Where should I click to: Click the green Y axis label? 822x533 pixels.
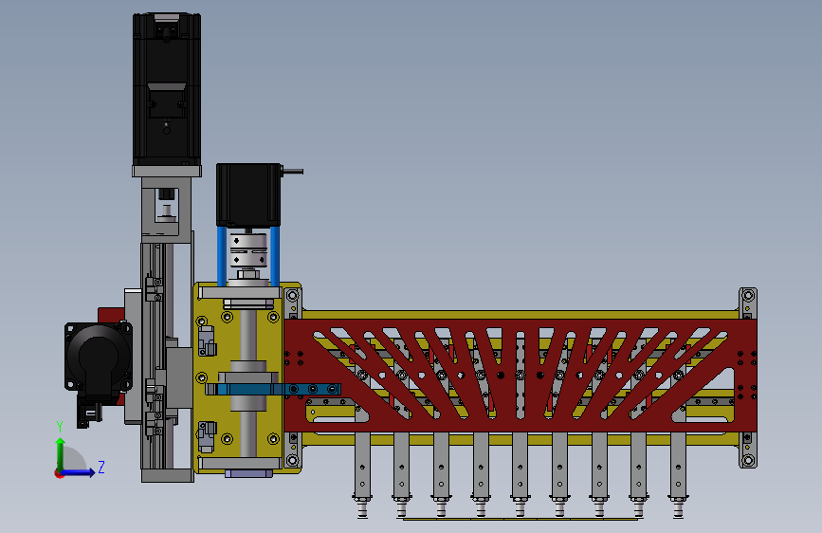(60, 427)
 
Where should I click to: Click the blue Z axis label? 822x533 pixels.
(101, 467)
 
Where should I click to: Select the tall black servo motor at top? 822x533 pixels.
(167, 89)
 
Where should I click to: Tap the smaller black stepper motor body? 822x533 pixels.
(248, 194)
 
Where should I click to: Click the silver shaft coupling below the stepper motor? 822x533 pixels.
(248, 250)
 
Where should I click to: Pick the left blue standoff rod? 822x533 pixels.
(222, 256)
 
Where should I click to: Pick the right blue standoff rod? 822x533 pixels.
(275, 256)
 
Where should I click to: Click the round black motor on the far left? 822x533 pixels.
(98, 357)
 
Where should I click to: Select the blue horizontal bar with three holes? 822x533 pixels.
(278, 389)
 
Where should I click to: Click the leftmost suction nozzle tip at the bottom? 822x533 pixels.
(362, 512)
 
